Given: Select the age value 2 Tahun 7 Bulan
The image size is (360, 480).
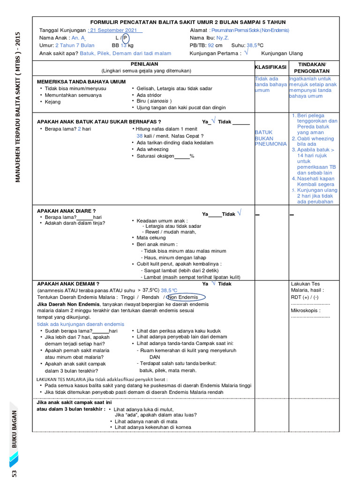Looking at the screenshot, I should [75, 45].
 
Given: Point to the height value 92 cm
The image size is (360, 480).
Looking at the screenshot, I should [215, 45].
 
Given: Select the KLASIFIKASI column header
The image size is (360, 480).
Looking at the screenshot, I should [270, 67].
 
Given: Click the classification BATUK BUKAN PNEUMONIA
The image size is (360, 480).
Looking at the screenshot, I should [270, 138].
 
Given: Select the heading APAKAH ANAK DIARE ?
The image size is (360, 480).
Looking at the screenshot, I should [66, 211].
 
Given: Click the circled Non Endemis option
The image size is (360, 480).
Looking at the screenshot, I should [183, 297].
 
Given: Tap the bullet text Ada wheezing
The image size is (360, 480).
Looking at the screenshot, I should [153, 150].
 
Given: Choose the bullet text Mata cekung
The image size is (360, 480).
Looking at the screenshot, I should [151, 238].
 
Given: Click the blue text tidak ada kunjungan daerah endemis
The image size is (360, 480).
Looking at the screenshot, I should [81, 324].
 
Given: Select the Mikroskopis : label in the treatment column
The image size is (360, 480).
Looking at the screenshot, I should [306, 310].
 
